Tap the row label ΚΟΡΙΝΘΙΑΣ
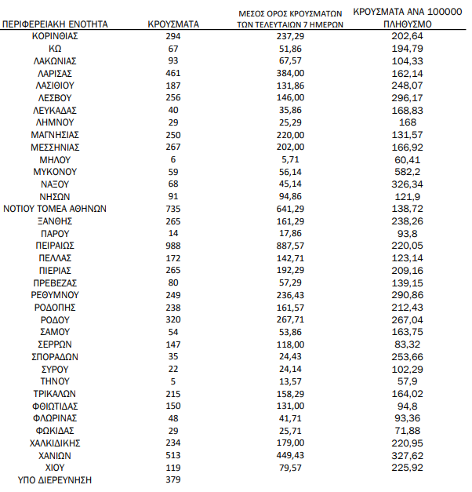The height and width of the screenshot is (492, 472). tap(55, 36)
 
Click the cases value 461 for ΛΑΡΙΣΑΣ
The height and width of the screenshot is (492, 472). tap(173, 73)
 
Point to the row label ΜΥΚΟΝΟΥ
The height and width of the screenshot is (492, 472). tap(55, 171)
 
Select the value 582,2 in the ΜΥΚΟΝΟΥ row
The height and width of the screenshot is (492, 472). tap(408, 171)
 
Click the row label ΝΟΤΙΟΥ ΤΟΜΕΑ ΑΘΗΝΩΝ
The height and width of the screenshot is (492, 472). tap(55, 209)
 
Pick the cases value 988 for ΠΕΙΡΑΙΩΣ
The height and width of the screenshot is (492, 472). tap(173, 246)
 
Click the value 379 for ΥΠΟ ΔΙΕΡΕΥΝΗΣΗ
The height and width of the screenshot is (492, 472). tap(173, 479)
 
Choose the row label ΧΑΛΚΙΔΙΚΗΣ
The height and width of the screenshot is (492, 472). tap(55, 443)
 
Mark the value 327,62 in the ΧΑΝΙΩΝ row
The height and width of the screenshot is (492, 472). tap(408, 455)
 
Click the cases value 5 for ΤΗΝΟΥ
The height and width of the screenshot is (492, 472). tap(173, 381)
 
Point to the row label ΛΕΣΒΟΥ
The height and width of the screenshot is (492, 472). tap(55, 97)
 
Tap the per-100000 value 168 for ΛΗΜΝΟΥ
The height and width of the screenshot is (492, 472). tap(408, 122)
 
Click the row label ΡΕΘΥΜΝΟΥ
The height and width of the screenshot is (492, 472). tap(55, 294)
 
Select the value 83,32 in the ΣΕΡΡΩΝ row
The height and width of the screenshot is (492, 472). tap(408, 344)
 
